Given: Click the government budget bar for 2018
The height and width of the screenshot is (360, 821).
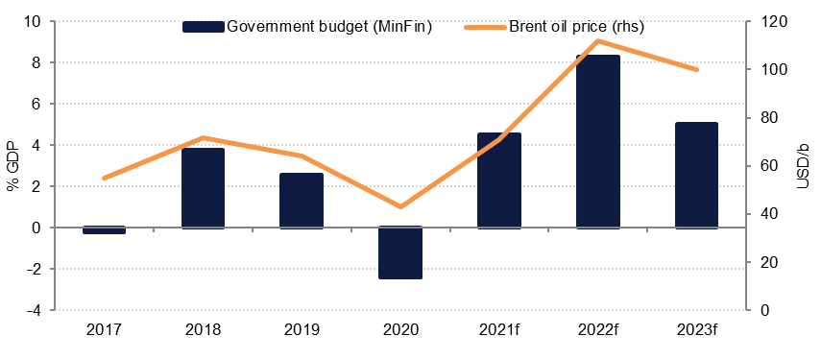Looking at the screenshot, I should [x=203, y=188].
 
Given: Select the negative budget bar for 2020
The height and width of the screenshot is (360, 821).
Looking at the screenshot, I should [x=399, y=253].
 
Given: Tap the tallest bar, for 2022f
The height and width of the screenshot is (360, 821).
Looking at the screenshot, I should [x=596, y=141].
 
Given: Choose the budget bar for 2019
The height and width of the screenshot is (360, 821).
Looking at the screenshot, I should [x=302, y=201].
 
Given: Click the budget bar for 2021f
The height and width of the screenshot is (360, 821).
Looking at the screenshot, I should [x=498, y=180].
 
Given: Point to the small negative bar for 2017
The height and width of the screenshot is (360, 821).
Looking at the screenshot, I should [x=105, y=230].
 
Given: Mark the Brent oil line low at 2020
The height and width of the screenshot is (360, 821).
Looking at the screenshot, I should [x=399, y=206].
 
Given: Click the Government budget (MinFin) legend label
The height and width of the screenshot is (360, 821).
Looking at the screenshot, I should [x=329, y=27].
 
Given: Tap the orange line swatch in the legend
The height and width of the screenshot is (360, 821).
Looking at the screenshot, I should [x=484, y=27].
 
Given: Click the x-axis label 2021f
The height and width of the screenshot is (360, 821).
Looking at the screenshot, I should [x=498, y=329].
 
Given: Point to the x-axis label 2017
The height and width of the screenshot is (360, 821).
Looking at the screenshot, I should [x=105, y=329].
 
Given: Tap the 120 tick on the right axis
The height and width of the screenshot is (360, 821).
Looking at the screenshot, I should [x=767, y=21].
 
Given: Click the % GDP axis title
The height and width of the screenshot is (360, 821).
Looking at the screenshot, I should [x=12, y=166].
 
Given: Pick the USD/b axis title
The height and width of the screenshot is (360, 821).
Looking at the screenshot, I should [x=804, y=165].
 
